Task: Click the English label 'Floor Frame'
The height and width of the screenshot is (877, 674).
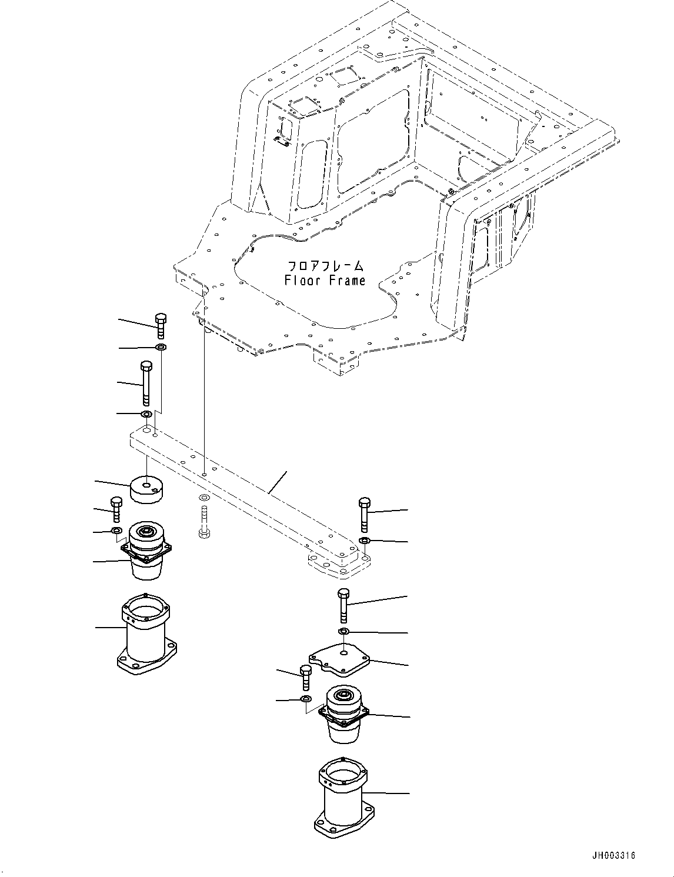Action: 325,281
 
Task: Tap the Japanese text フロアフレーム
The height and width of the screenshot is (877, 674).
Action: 325,266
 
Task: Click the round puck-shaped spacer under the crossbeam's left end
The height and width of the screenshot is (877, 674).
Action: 146,489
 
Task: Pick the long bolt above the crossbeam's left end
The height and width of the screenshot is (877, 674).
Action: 146,384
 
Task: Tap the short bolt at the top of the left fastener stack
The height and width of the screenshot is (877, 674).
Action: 161,326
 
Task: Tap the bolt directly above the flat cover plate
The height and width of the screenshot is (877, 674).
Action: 343,605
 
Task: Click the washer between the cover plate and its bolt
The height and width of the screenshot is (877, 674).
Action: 344,632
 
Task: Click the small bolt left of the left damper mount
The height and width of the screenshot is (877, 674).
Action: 116,509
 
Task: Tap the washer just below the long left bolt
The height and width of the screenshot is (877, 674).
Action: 146,415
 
